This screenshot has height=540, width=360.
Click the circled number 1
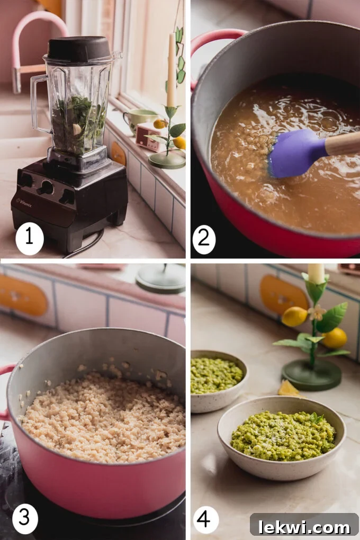coord(30,239)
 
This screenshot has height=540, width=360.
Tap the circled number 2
coord(204,239)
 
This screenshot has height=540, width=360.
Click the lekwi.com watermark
coord(304,526)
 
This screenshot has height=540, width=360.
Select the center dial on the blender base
coord(47,187)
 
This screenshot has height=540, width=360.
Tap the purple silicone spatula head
coord(294,154)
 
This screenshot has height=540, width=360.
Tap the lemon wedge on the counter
coord(289,389)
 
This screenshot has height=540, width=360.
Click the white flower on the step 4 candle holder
coord(317,312)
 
